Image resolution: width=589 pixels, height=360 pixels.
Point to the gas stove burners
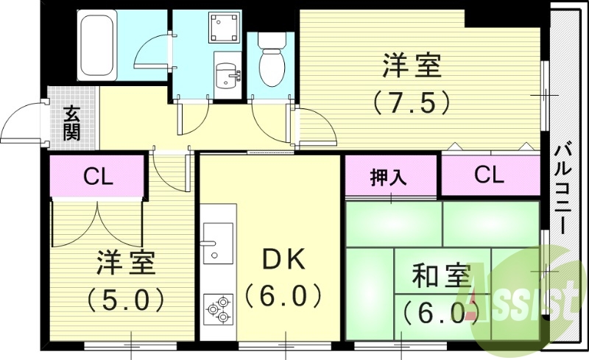coord(218,309)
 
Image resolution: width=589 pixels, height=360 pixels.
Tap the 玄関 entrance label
coord(71,123)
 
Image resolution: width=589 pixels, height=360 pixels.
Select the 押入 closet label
coord(389,177)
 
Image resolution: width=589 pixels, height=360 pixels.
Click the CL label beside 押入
coord(489,175)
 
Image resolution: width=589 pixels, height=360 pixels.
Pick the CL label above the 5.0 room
coord(98,177)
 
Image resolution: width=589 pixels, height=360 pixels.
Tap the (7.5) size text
coord(411,101)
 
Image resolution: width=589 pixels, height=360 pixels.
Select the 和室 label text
coord(441,277)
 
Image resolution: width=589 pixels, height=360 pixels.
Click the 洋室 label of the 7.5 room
coord(412,66)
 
